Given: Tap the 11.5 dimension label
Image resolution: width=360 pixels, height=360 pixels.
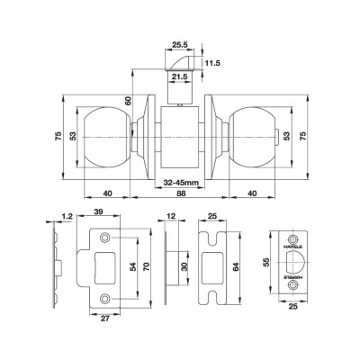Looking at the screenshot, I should click(212, 63).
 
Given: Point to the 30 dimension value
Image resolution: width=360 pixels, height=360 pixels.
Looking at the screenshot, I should click(185, 268).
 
